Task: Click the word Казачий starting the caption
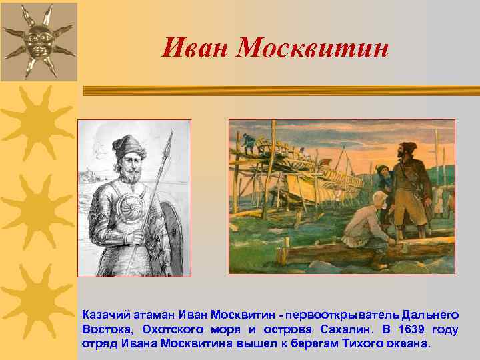103,313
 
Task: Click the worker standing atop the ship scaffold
249,141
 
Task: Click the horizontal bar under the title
273,89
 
